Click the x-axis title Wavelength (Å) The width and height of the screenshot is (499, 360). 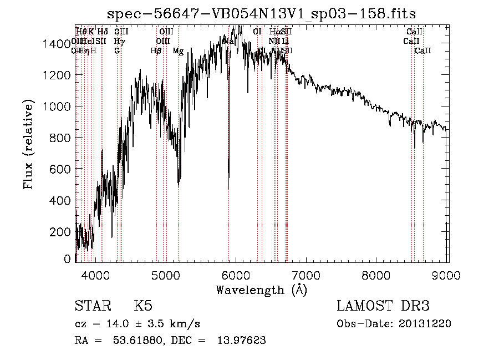[261, 290]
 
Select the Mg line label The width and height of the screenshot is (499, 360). [178, 51]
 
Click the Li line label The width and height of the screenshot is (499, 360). [285, 42]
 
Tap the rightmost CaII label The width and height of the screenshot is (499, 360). [423, 51]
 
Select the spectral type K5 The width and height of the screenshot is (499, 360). [143, 306]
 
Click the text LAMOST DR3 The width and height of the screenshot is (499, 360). [383, 306]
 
